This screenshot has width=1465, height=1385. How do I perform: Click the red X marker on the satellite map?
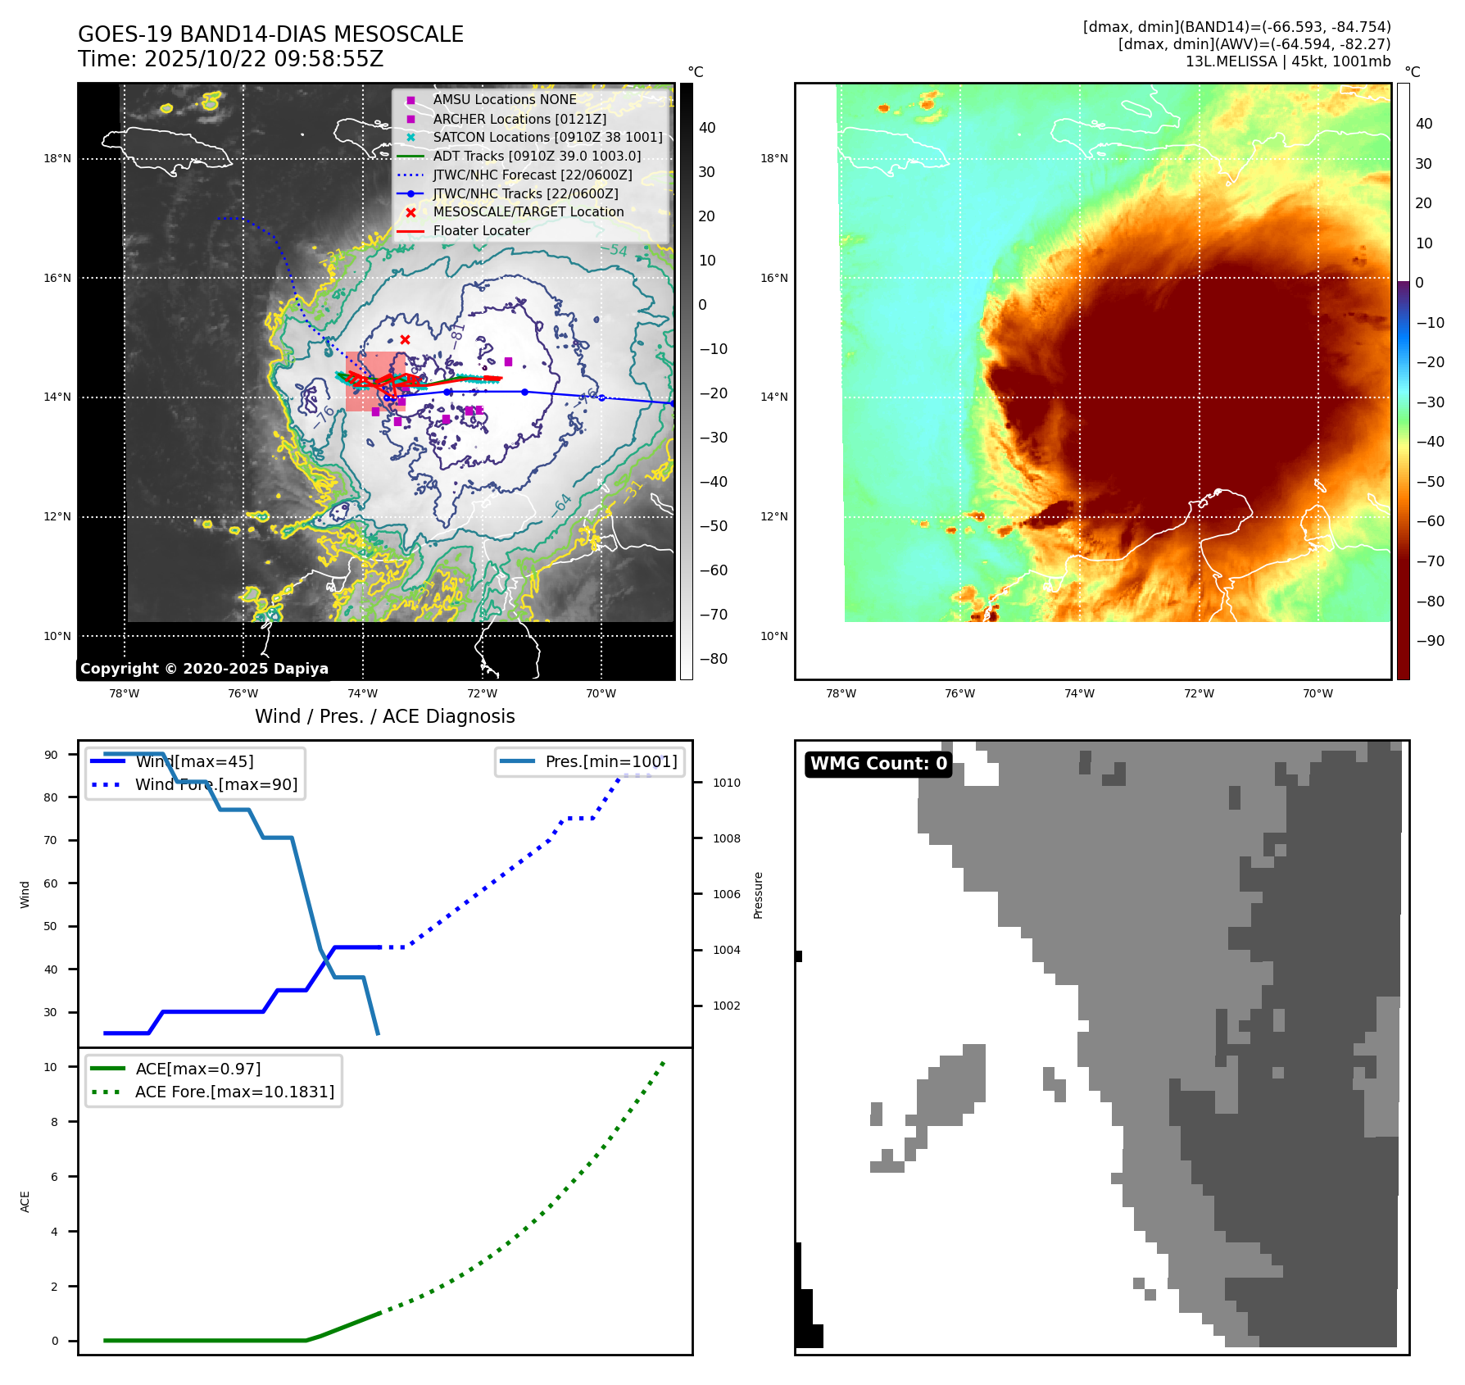click(x=405, y=339)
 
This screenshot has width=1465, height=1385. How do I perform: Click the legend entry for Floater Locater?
click(x=481, y=231)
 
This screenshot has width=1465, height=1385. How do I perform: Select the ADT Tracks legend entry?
click(x=537, y=156)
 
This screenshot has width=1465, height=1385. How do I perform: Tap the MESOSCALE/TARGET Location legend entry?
click(x=528, y=212)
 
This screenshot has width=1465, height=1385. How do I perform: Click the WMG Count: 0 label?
click(x=878, y=764)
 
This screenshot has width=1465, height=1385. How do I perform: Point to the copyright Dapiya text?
click(x=204, y=669)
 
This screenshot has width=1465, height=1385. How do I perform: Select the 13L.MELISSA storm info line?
click(x=1287, y=61)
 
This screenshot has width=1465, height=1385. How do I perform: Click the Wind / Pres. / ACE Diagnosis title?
click(x=384, y=716)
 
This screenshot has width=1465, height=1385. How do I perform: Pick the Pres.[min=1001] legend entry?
click(x=610, y=761)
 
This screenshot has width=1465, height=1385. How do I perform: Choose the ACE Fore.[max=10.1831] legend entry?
click(x=234, y=1092)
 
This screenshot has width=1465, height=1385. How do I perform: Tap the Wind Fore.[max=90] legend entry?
click(x=215, y=784)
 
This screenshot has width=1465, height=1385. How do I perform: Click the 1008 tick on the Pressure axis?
click(x=726, y=838)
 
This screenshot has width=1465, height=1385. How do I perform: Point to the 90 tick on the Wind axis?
click(x=52, y=755)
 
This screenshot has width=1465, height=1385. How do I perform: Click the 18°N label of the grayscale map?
click(x=57, y=159)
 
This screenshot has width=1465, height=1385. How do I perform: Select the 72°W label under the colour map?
click(x=1199, y=693)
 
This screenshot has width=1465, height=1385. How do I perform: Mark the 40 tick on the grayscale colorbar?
click(x=707, y=128)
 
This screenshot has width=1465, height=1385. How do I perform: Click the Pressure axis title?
click(x=758, y=895)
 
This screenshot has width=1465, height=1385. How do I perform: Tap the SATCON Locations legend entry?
click(x=547, y=137)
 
